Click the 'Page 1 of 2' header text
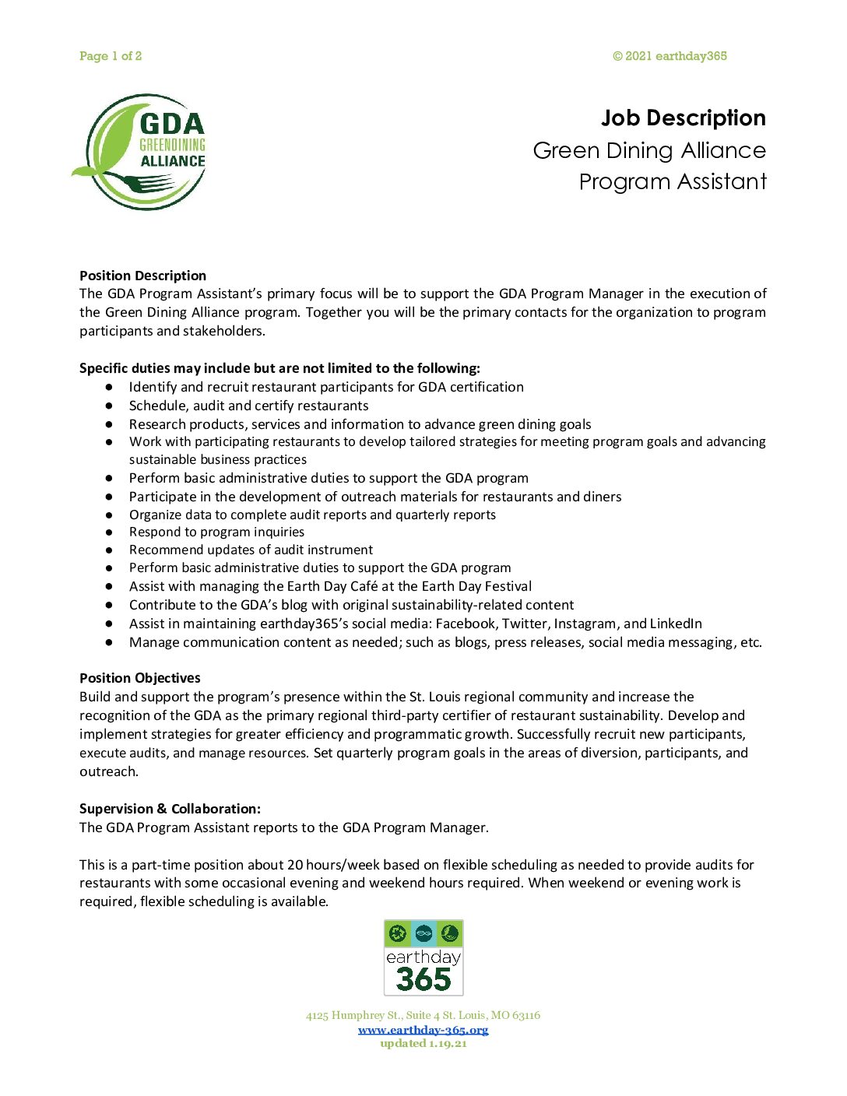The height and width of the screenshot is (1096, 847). point(111,56)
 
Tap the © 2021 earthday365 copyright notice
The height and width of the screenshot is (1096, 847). point(670,56)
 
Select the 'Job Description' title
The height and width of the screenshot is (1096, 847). point(683,118)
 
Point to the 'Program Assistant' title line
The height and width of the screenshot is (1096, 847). point(673,181)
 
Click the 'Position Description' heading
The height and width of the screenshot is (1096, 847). point(142,276)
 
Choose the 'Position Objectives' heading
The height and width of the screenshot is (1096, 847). point(139,678)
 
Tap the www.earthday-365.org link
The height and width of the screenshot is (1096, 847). point(423,1030)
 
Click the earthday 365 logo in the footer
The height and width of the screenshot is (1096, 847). point(423,957)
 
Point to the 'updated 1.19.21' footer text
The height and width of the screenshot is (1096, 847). point(423,1044)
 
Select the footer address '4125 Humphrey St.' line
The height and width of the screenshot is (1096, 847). point(423,1015)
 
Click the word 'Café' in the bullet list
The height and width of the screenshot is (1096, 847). point(362,586)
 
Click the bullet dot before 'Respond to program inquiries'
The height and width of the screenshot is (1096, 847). point(110,532)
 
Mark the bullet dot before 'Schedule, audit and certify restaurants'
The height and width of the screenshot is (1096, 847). point(110,406)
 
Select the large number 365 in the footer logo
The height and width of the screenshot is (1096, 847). point(423,979)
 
